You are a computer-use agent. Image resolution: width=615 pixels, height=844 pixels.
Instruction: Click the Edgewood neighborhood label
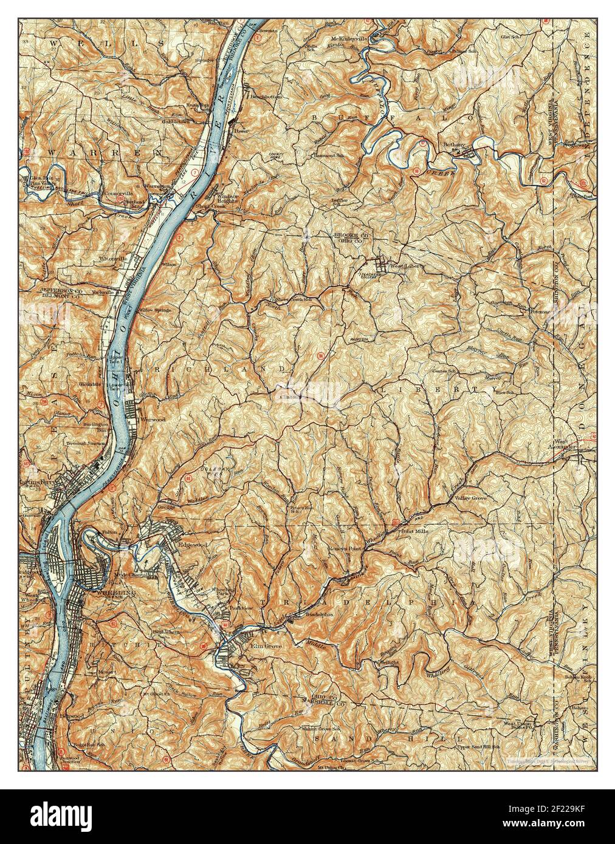[x=193, y=545]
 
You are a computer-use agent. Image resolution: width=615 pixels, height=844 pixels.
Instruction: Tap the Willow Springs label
[x=155, y=310]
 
